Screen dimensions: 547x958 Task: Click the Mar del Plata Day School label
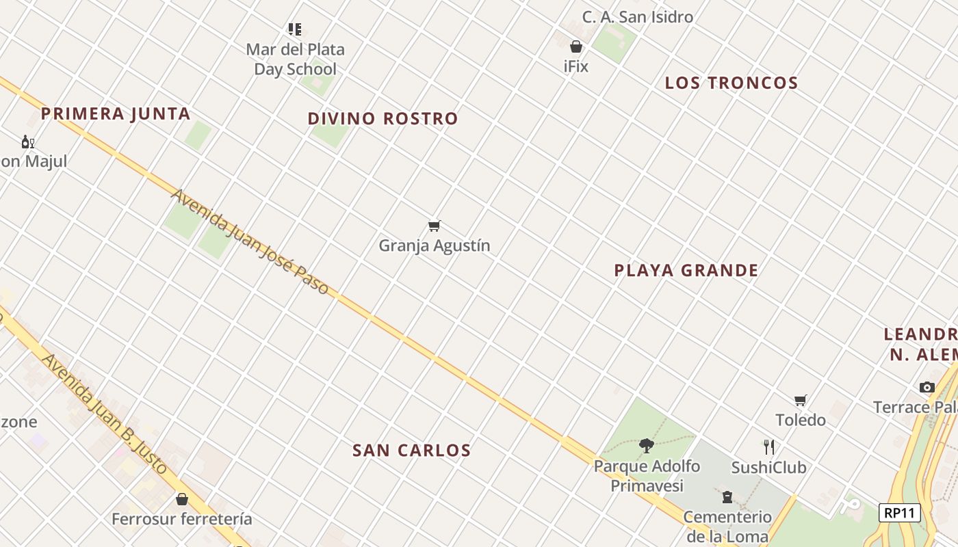click(295, 59)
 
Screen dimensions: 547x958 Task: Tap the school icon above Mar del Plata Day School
click(295, 29)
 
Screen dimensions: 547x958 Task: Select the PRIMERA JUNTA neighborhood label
click(116, 114)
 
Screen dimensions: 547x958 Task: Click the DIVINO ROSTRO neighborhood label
click(383, 118)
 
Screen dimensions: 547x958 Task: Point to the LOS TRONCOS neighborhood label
click(732, 83)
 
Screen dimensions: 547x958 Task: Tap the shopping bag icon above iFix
click(576, 46)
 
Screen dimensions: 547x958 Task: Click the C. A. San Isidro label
click(637, 17)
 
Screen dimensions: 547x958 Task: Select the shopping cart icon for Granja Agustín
click(434, 226)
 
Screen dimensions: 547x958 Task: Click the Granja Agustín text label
click(435, 245)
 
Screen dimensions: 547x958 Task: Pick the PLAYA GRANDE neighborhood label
click(686, 270)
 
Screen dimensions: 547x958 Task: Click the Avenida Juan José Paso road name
click(250, 242)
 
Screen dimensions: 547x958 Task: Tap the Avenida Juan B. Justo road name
click(104, 414)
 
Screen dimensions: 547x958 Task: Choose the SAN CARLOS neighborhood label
click(411, 450)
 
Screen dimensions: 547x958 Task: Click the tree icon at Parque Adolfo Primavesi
click(646, 446)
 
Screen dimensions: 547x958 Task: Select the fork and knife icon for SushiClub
click(769, 447)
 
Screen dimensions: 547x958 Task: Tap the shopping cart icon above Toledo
click(800, 400)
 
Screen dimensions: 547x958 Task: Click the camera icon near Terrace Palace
click(927, 387)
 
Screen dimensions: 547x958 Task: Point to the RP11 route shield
click(900, 513)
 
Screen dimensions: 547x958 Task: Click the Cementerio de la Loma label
click(727, 526)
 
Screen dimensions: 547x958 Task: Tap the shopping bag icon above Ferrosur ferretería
click(182, 499)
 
